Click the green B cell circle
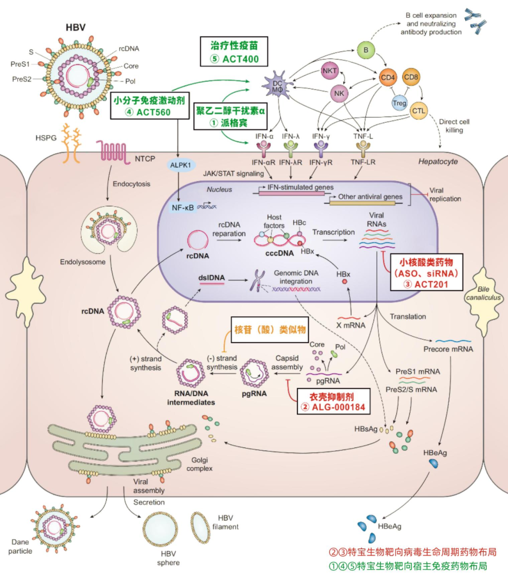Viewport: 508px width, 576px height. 365,50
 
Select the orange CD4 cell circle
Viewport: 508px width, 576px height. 388,78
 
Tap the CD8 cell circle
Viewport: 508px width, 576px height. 411,77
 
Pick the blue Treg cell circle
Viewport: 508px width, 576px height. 399,103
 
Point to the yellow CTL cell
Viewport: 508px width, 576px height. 418,111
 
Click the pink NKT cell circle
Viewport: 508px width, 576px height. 330,71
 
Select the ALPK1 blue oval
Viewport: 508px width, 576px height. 181,165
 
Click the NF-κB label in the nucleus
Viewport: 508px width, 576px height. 183,208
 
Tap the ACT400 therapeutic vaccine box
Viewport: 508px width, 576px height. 234,52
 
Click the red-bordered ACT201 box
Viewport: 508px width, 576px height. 427,273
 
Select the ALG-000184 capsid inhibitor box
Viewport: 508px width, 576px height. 333,401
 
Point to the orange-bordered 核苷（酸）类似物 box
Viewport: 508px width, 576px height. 270,329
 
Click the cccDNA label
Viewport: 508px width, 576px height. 279,253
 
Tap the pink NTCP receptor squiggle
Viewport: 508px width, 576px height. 113,152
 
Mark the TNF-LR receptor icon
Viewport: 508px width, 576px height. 363,149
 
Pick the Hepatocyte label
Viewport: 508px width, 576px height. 438,161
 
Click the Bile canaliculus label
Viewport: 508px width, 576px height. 483,293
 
